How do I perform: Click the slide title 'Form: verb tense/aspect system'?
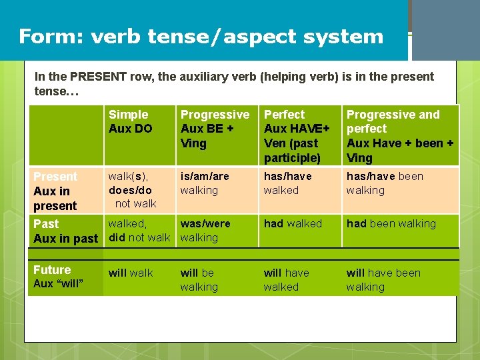201,36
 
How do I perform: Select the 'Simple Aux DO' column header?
131,121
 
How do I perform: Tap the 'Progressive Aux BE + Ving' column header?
215,129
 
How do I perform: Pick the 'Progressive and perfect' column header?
399,136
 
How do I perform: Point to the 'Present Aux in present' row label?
56,191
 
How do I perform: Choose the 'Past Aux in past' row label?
65,231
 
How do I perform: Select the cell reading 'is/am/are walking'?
205,183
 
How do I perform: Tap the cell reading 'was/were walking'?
205,231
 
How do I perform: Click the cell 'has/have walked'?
288,183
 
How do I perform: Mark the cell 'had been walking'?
391,224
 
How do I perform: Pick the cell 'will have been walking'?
383,279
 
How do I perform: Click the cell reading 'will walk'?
131,273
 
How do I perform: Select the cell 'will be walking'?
199,279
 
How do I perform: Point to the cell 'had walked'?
293,224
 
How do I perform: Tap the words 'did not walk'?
139,237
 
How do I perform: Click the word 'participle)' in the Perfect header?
292,158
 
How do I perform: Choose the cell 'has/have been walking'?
385,183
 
